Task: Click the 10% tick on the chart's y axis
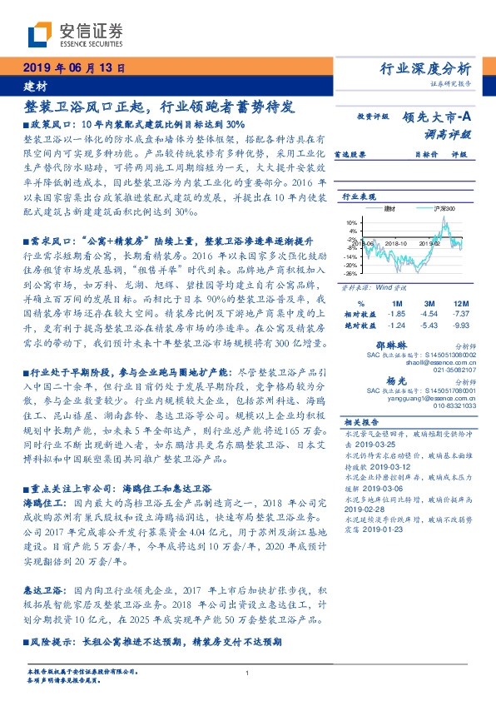point(350,222)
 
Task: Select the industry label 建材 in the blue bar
point(36,86)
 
